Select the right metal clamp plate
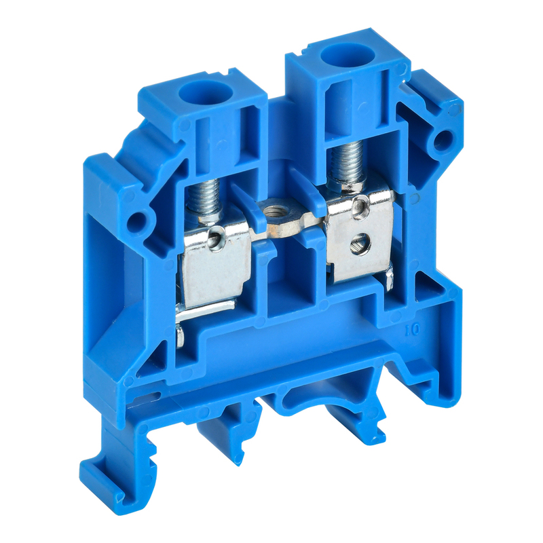[360, 235]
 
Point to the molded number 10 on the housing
[413, 329]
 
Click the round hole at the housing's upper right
[443, 141]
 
